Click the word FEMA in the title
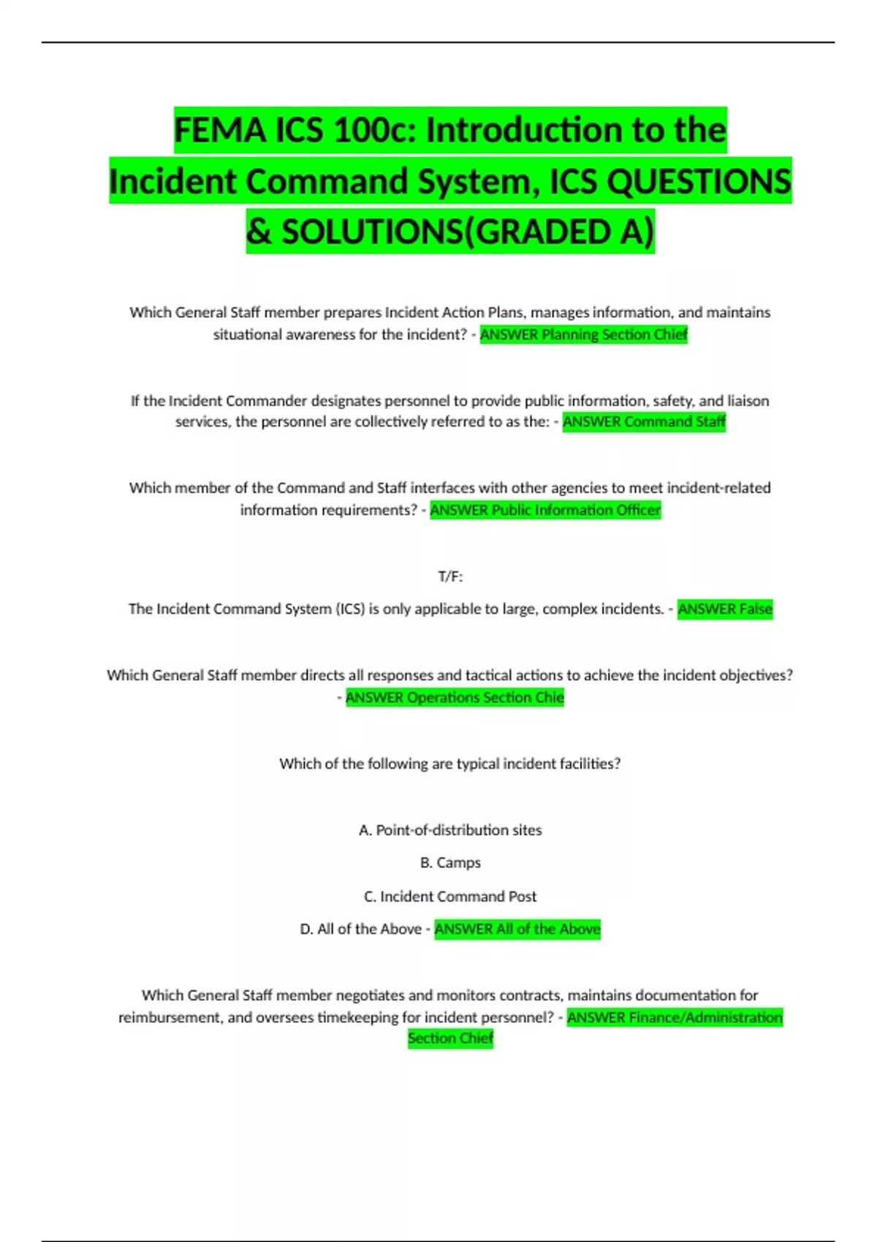(x=220, y=130)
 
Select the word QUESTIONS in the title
(x=699, y=181)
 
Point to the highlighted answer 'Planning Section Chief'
(x=614, y=335)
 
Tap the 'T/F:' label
(x=450, y=576)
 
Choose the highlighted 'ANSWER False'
(x=725, y=609)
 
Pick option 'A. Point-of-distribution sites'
(x=450, y=830)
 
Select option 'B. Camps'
(x=450, y=863)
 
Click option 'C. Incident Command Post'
(x=450, y=896)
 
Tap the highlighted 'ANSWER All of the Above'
(x=517, y=929)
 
